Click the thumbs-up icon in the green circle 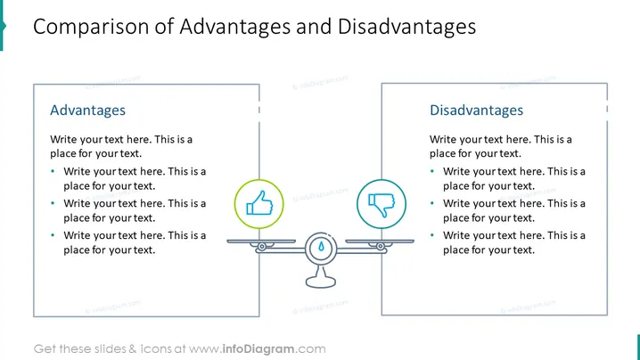click(x=259, y=203)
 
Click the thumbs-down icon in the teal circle click(x=382, y=204)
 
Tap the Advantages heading click(x=87, y=110)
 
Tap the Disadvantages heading click(x=476, y=110)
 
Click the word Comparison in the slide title click(x=91, y=27)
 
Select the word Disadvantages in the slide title click(x=407, y=27)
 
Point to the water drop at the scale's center click(x=321, y=246)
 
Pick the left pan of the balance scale click(x=261, y=241)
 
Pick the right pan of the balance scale click(x=380, y=241)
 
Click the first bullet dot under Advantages click(x=53, y=171)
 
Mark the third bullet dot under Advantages click(x=53, y=235)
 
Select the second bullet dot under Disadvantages click(x=432, y=203)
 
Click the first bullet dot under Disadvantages click(x=432, y=171)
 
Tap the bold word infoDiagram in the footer click(x=258, y=349)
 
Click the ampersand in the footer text click(x=133, y=349)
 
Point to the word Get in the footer click(x=45, y=349)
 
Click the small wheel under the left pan click(x=262, y=247)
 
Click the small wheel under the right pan click(x=380, y=247)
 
